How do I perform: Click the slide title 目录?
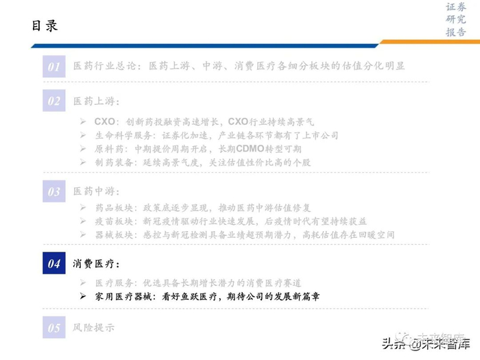coord(45,26)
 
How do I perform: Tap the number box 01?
coord(53,67)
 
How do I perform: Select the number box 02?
coord(53,101)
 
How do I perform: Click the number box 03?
coord(53,192)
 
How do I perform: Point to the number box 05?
coord(53,328)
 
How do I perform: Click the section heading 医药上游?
coord(95,101)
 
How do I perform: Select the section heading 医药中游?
coord(95,192)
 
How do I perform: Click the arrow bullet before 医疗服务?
coord(82,283)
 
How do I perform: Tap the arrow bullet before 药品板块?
coord(82,208)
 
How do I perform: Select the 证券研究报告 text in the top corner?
coord(455,20)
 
